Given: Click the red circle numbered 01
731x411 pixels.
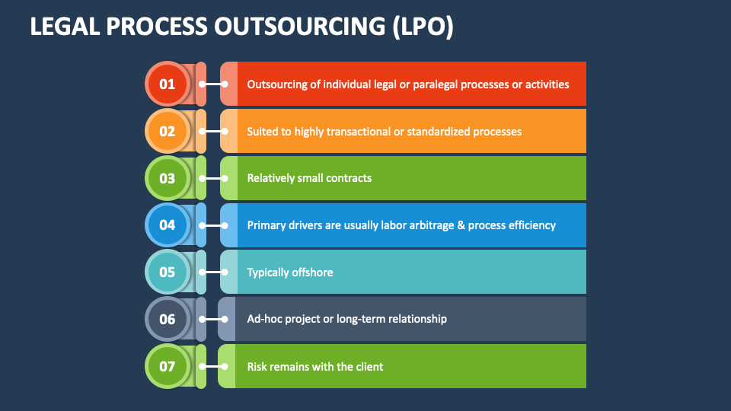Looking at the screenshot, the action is point(168,84).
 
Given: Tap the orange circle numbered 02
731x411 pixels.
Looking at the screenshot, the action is point(168,131).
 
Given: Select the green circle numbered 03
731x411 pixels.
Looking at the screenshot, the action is point(168,178).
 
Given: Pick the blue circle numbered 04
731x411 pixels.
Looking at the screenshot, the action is point(168,225).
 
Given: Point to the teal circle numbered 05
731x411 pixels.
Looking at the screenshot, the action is point(168,272).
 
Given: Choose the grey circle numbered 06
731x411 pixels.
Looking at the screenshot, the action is point(168,319).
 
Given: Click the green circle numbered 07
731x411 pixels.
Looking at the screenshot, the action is point(168,366).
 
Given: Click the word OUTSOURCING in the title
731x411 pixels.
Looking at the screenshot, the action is point(299,26).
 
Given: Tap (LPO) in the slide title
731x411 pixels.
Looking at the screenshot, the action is point(423,27).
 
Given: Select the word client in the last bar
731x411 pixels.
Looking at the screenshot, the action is point(370,367).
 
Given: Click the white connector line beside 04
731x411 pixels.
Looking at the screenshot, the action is point(213,225).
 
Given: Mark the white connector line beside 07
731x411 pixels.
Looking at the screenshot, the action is point(213,367).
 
